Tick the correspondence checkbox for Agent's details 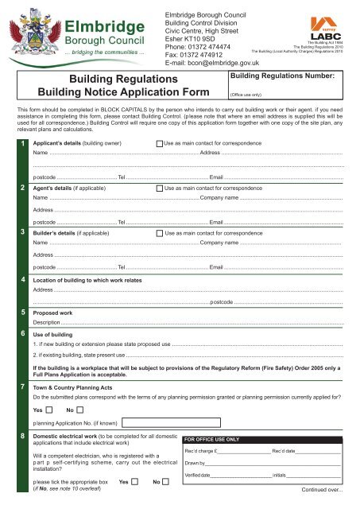click(159, 188)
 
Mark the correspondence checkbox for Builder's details click(159, 234)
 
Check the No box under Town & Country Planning click(80, 410)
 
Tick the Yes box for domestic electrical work click(134, 482)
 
